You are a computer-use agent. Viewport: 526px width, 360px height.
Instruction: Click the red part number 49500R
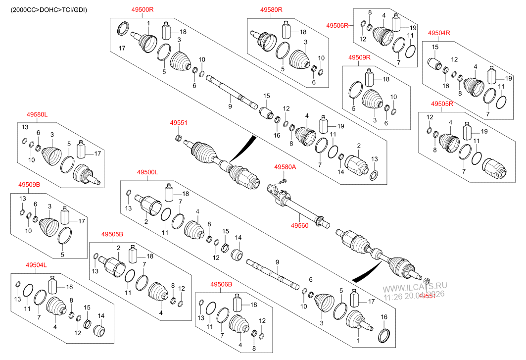[x=143, y=9]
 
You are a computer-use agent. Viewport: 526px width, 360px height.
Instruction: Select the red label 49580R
[x=271, y=9]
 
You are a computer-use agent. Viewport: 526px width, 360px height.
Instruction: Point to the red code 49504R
[x=439, y=33]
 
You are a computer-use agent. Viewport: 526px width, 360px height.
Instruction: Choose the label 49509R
[x=359, y=57]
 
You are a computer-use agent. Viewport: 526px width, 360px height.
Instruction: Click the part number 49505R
[x=442, y=104]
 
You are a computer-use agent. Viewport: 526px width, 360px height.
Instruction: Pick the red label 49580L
[x=37, y=114]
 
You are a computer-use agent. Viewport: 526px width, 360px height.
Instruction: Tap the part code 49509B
[x=29, y=184]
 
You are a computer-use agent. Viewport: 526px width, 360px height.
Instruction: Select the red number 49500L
[x=147, y=172]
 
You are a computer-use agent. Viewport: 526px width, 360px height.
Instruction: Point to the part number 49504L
[x=36, y=265]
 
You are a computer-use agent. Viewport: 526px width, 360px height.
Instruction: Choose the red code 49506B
[x=221, y=284]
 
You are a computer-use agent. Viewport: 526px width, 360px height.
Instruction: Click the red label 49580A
[x=285, y=167]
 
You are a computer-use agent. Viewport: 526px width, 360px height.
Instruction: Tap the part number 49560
[x=299, y=225]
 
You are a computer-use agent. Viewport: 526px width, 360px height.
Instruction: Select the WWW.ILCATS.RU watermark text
[x=415, y=287]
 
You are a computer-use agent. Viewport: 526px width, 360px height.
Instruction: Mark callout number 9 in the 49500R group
[x=230, y=106]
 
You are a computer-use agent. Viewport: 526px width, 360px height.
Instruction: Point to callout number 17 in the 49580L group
[x=97, y=154]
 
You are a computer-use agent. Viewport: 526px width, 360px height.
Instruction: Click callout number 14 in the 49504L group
[x=101, y=315]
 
